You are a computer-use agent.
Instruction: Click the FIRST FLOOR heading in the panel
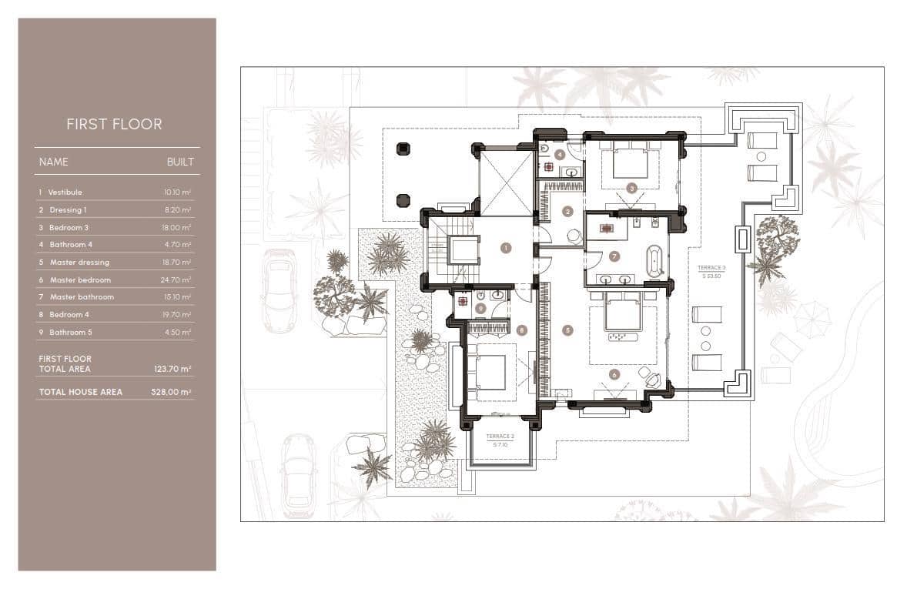click(x=114, y=125)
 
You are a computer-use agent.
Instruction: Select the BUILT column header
click(x=180, y=162)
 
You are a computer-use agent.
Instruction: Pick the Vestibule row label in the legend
click(x=65, y=192)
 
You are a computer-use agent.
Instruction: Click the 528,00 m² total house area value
click(x=172, y=392)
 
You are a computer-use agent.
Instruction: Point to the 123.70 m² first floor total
click(x=172, y=370)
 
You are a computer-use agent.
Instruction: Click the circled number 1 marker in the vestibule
click(x=506, y=248)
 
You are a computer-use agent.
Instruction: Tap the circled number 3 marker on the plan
click(x=631, y=187)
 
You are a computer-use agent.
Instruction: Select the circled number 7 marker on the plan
click(x=614, y=256)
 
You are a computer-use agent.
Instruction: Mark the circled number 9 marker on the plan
click(x=480, y=309)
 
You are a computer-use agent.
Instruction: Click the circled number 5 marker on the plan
click(x=568, y=330)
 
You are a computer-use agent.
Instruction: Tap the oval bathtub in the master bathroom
click(x=654, y=260)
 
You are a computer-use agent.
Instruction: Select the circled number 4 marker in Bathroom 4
click(x=560, y=155)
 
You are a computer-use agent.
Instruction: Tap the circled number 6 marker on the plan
click(x=614, y=375)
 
